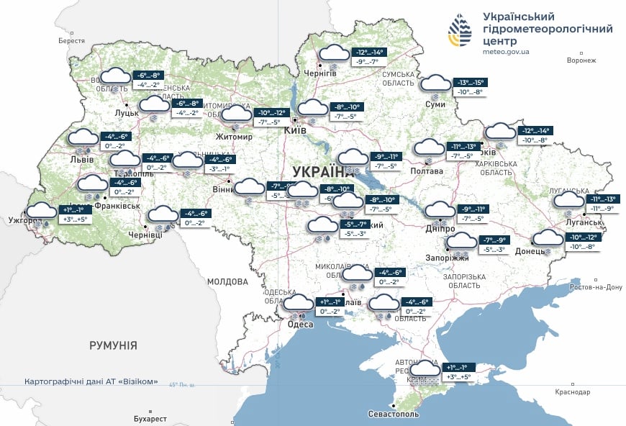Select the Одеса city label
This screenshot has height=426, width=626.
coord(300,325)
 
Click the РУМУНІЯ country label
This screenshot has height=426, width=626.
coord(113,345)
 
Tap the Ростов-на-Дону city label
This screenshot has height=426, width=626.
coord(594,287)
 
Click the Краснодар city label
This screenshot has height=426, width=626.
coord(573,392)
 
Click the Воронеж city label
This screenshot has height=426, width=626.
coord(581,60)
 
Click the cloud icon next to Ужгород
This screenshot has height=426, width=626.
coord(41,212)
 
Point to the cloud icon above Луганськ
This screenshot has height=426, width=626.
coord(568,201)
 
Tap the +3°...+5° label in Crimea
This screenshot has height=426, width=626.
coord(458,376)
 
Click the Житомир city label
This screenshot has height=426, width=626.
coord(234,137)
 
